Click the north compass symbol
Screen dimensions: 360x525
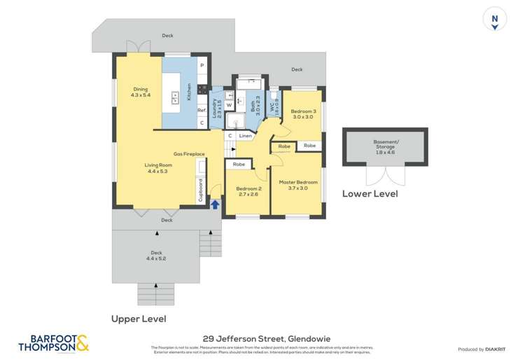pos(495,20)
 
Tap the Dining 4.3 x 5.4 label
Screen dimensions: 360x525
pos(141,92)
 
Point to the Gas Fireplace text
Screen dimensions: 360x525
pos(189,153)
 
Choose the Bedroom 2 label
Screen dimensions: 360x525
pos(248,191)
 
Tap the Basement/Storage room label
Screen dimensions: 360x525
pos(385,148)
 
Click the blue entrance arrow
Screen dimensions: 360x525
pos(215,205)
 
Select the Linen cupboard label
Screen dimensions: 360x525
pos(245,136)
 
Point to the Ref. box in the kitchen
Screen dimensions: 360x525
pos(201,110)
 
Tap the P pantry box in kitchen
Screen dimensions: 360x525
pos(202,66)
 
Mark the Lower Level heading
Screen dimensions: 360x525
pos(370,193)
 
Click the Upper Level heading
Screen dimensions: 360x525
pos(139,319)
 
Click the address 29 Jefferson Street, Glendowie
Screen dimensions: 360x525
pos(262,336)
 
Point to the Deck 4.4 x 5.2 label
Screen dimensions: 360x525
pos(156,256)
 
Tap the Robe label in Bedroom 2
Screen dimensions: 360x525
pos(239,165)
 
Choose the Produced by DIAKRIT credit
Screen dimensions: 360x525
pos(482,349)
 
